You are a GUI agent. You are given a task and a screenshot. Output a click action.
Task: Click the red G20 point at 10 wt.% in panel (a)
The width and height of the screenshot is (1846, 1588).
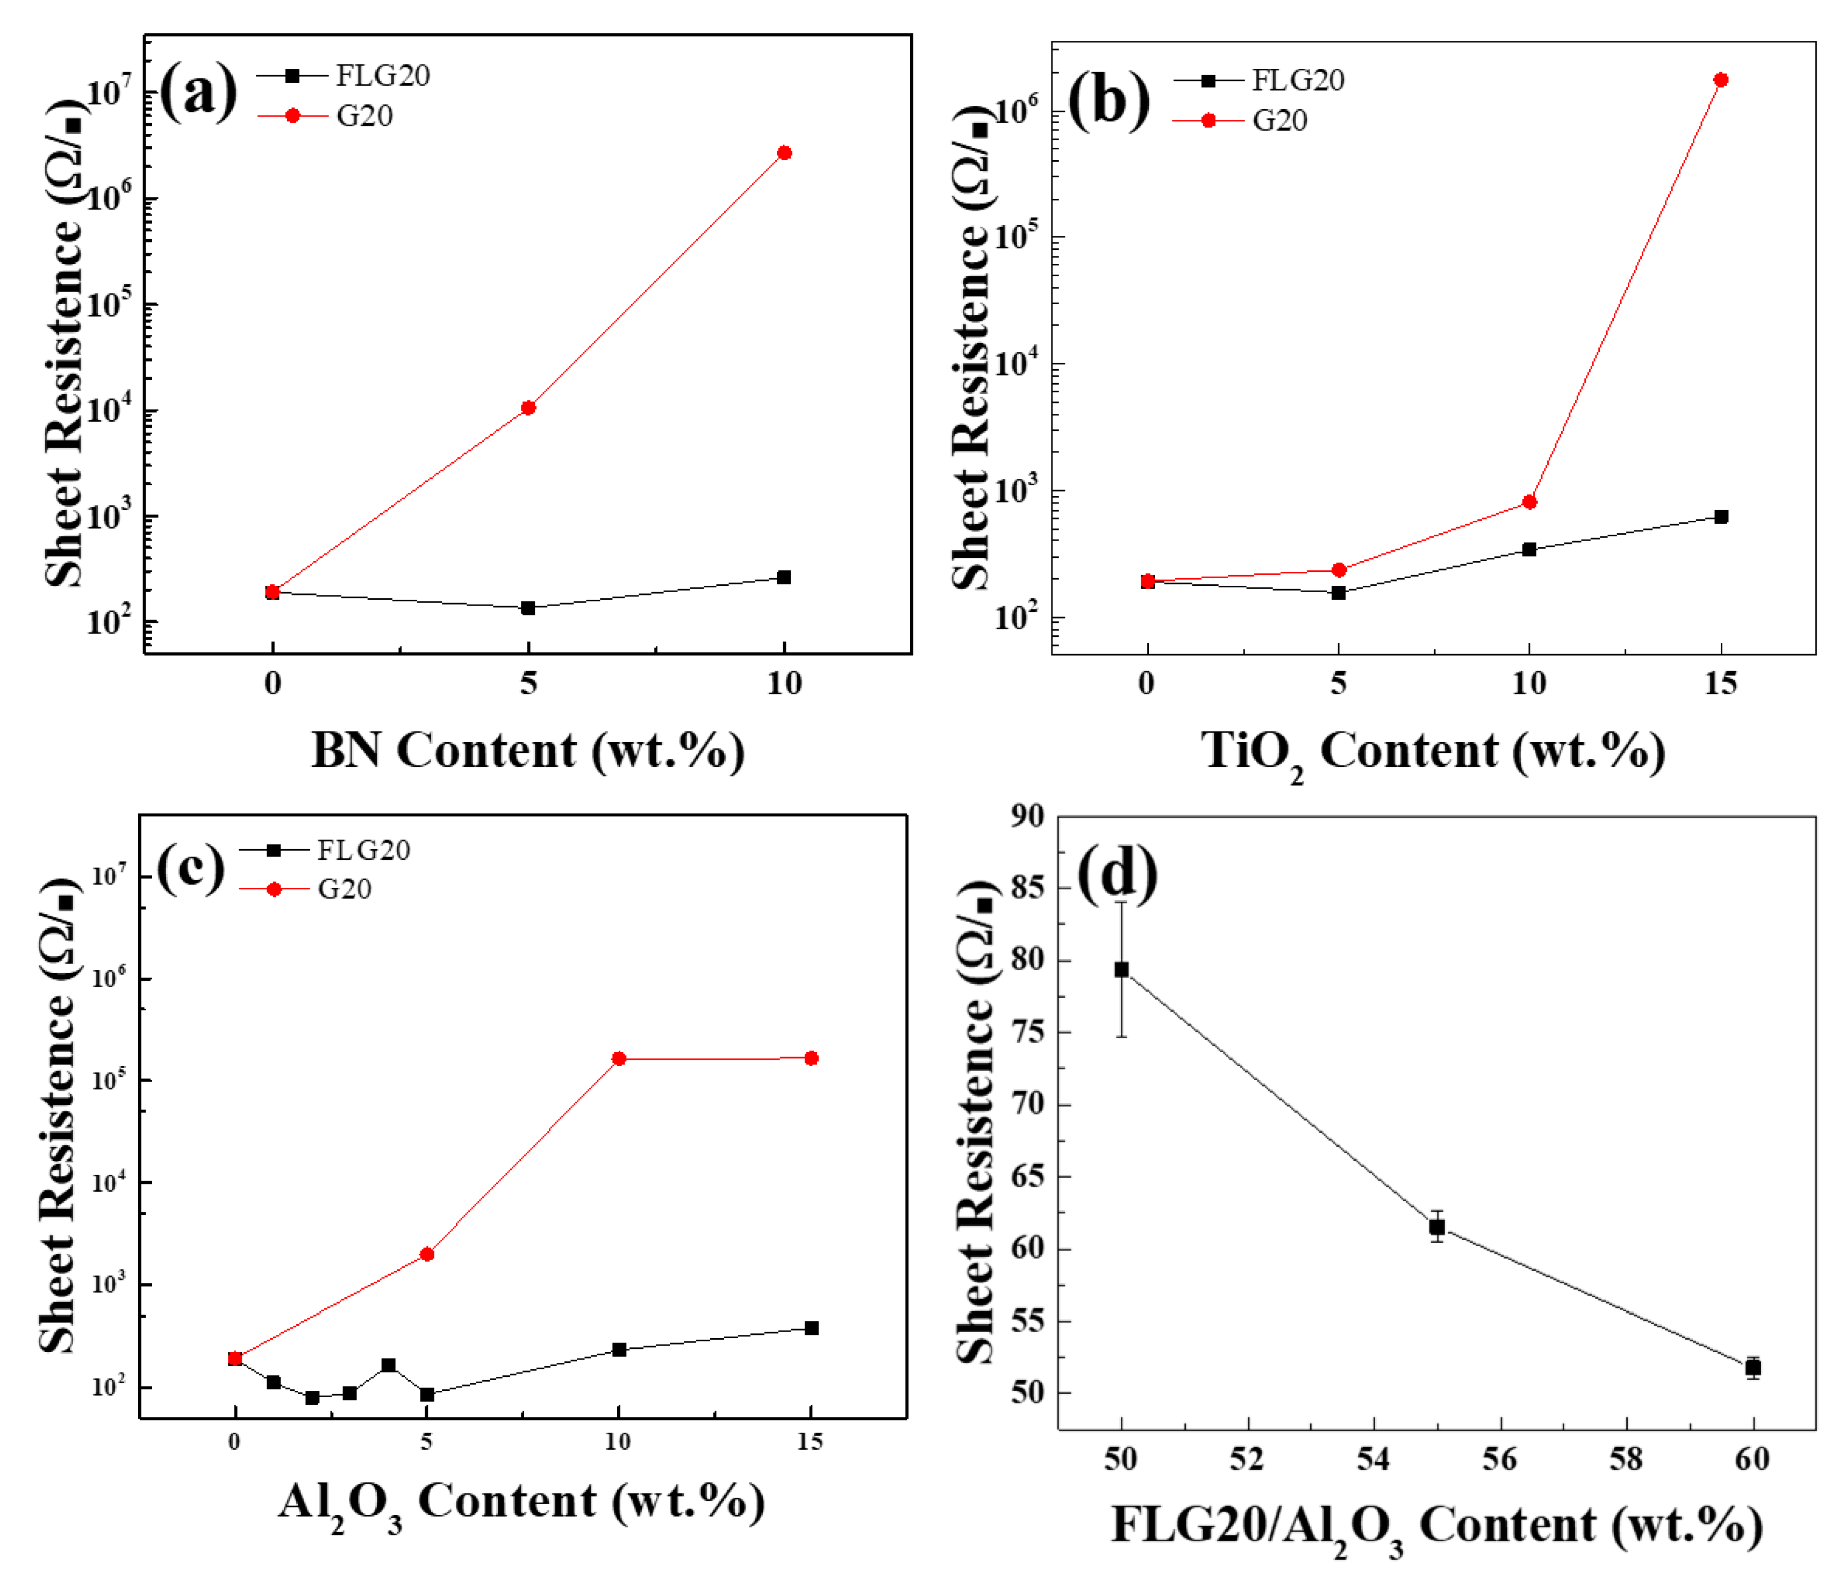click(x=784, y=153)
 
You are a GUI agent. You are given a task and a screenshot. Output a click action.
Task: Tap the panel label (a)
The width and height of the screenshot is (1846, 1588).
click(x=198, y=92)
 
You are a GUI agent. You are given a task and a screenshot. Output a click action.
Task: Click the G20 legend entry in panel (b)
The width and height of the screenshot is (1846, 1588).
click(x=1247, y=120)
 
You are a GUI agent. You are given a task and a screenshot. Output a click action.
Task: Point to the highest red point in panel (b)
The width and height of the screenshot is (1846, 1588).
click(x=1720, y=80)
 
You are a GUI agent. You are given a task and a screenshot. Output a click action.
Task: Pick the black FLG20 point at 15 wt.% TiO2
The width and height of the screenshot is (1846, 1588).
click(x=1720, y=516)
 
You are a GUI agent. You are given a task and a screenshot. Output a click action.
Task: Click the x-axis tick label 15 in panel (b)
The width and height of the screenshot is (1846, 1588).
click(x=1720, y=684)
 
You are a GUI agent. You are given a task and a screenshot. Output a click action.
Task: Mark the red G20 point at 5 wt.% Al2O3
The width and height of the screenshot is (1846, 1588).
click(x=427, y=1254)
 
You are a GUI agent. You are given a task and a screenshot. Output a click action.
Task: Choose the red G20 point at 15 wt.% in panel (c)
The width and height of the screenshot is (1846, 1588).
click(x=811, y=1058)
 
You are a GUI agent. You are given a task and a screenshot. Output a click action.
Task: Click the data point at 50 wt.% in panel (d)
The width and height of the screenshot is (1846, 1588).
click(x=1122, y=970)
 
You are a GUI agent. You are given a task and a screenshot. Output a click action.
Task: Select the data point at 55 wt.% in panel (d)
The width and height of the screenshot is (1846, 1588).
click(x=1437, y=1227)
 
